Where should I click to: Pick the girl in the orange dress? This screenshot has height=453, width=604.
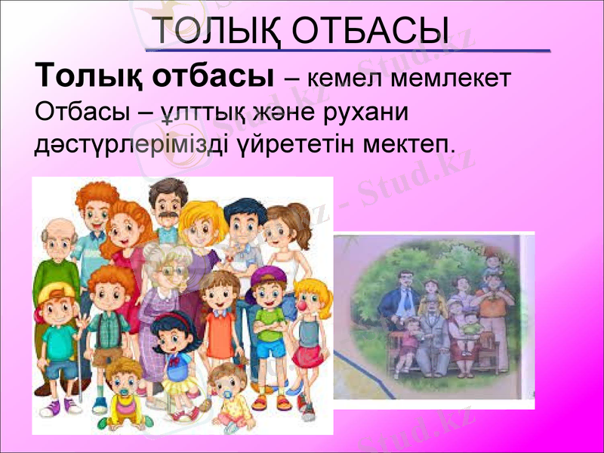coord(219,317)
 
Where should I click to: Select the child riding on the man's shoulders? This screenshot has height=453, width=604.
coord(493,265)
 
